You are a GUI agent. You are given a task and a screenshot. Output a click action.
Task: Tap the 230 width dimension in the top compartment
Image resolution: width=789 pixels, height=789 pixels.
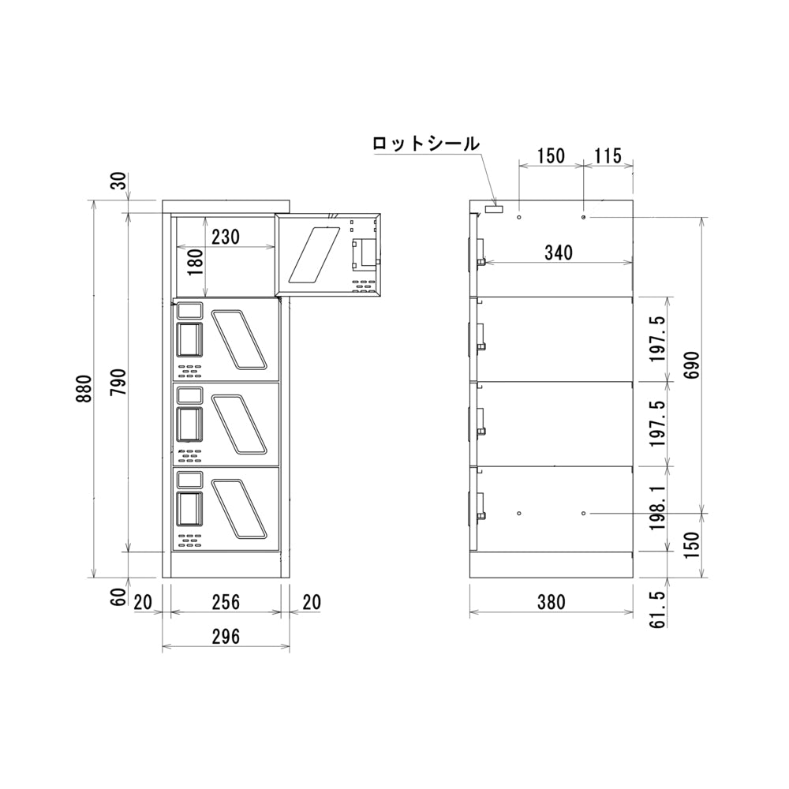click(226, 236)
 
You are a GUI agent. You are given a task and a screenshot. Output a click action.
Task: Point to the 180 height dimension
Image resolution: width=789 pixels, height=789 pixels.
click(196, 260)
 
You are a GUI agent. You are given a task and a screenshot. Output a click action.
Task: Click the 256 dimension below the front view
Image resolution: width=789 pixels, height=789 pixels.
click(226, 602)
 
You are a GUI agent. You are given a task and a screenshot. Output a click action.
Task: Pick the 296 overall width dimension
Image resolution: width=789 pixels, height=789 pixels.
click(226, 636)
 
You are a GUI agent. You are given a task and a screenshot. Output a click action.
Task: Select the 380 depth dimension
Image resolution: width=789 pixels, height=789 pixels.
click(551, 602)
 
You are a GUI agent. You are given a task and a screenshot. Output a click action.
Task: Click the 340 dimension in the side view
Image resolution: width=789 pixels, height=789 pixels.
click(558, 252)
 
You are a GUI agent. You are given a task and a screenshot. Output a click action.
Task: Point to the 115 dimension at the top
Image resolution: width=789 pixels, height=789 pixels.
click(608, 155)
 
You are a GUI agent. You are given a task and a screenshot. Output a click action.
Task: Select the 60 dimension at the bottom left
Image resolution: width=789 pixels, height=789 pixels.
click(118, 597)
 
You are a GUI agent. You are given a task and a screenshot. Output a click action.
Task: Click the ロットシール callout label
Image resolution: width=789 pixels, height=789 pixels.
click(425, 144)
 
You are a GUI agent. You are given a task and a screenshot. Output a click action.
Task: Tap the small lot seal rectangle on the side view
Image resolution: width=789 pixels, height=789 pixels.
click(494, 208)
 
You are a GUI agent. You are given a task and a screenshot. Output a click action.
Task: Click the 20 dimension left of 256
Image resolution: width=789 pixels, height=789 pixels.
click(143, 602)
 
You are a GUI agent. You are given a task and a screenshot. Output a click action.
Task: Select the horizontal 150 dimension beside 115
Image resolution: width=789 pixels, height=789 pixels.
click(550, 155)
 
